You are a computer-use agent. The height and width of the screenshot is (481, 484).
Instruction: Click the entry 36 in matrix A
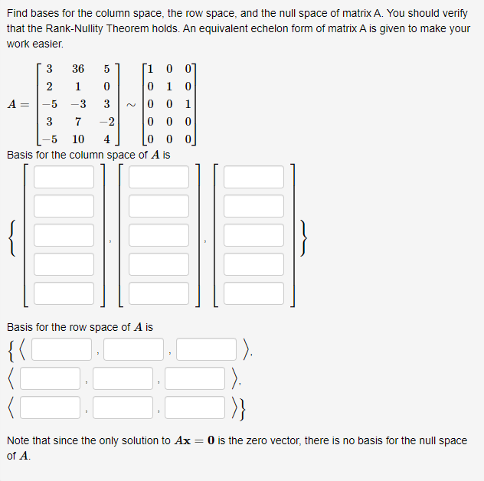78,69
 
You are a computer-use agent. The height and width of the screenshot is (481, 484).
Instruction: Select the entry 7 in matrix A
78,122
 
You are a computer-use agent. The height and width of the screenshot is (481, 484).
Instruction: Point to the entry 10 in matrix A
78,139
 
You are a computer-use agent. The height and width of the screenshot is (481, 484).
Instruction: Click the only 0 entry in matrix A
108,87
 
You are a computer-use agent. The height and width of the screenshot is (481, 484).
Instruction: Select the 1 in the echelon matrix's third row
188,104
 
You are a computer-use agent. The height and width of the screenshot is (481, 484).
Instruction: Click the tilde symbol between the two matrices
132,104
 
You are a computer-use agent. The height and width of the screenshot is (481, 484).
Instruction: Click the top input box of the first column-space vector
64,177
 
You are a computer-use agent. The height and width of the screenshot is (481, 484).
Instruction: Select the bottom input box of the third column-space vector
253,293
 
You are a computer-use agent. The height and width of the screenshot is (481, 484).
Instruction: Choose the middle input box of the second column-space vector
159,235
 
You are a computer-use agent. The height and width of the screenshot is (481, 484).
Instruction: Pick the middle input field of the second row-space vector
123,378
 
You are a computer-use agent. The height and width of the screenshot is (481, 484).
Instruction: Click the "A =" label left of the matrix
20,104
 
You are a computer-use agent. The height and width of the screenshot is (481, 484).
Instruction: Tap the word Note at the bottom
19,440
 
